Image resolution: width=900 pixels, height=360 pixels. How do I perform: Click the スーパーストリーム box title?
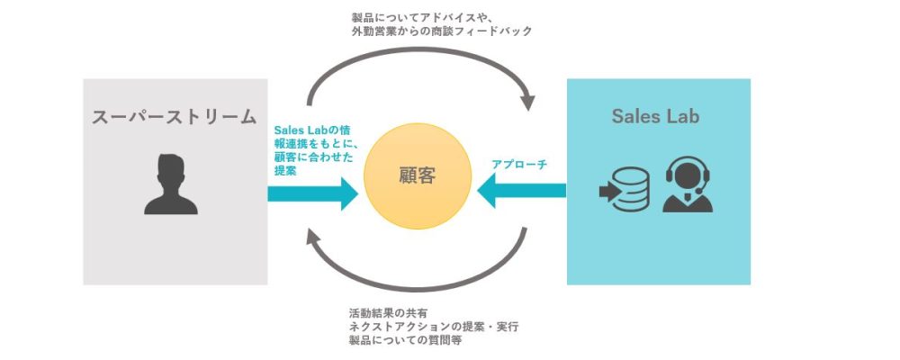click(174, 117)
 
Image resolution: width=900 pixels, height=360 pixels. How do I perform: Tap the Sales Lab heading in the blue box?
click(655, 116)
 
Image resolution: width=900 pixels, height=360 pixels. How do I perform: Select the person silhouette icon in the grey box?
click(171, 184)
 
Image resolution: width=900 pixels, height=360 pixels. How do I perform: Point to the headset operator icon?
click(688, 184)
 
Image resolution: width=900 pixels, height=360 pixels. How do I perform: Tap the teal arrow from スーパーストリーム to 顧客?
click(313, 193)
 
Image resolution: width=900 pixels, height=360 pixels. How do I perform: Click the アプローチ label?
click(519, 165)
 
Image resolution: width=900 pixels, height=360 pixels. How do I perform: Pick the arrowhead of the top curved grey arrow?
click(526, 103)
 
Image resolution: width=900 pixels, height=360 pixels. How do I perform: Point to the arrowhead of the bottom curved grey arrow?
click(313, 237)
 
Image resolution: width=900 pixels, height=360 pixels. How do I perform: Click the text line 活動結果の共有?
click(387, 313)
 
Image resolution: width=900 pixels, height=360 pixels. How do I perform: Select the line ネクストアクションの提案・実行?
click(434, 328)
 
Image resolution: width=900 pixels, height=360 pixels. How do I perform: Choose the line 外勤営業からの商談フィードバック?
click(442, 31)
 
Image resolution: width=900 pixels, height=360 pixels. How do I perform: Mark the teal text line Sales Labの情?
click(312, 130)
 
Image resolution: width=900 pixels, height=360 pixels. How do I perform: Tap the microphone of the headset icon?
click(698, 191)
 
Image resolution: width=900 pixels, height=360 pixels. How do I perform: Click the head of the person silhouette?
click(171, 171)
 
